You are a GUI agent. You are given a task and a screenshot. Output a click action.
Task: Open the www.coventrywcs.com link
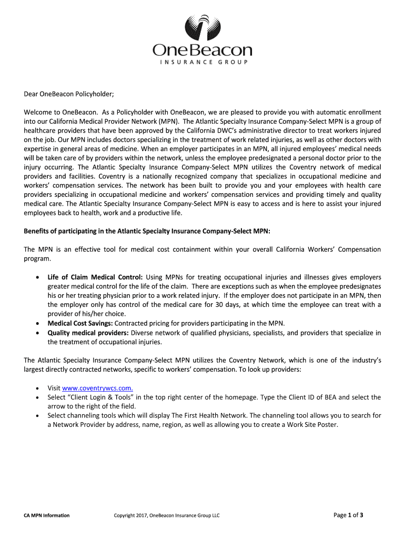97,388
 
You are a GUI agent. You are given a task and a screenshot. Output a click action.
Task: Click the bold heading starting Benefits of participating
147,231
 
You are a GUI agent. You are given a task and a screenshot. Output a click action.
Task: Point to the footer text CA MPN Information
47,515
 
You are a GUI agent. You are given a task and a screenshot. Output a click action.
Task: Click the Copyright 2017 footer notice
167,515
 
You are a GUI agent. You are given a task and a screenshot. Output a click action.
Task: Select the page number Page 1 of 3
349,515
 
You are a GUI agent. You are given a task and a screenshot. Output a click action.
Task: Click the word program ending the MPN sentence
37,259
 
